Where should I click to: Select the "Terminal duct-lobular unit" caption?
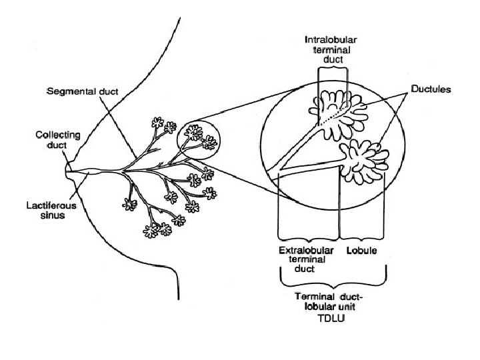pos(332,301)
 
